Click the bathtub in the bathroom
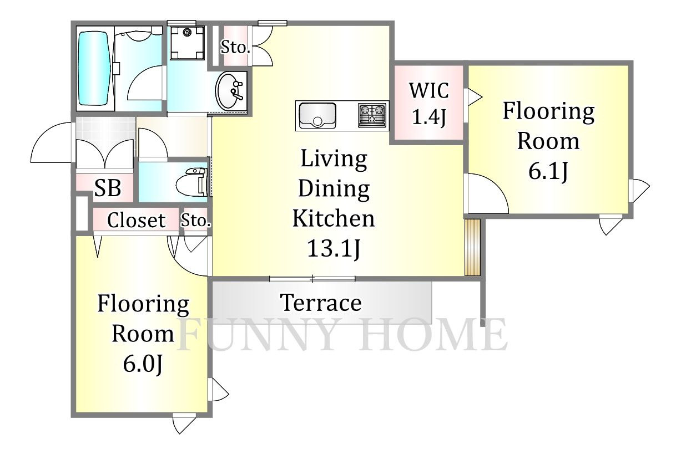tap(94, 69)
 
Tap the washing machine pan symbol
tap(187, 43)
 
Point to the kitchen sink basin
tap(317, 116)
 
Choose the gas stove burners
tap(372, 115)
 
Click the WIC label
tap(428, 90)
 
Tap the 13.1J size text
tap(334, 248)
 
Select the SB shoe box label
tap(108, 188)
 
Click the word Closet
tap(136, 220)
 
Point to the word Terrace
tap(321, 303)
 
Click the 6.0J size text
tap(143, 364)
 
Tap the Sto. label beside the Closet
tap(196, 221)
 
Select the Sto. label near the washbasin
tap(235, 47)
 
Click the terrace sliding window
tap(312, 279)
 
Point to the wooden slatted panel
tap(472, 247)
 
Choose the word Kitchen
tap(334, 218)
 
